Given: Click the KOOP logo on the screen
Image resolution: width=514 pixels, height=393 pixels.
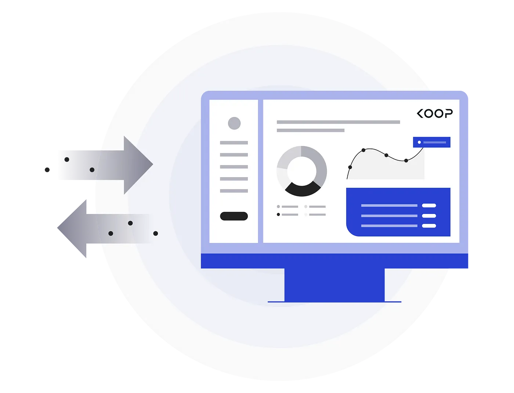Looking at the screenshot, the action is coord(435,114).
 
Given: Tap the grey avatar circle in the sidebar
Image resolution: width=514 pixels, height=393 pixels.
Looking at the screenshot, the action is coord(234,123).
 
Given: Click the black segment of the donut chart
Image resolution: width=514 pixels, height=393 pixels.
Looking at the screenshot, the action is coord(302,189).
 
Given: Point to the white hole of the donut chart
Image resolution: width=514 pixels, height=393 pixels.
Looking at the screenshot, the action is coord(301,171).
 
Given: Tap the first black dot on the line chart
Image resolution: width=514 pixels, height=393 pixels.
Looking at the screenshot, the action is coord(350,167).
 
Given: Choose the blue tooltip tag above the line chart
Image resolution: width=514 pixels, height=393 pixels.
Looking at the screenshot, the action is coord(431,142).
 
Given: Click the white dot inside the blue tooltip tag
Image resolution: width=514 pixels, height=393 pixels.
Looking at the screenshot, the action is coord(419,142).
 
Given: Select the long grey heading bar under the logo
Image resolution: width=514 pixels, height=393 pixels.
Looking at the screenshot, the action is coord(338,122).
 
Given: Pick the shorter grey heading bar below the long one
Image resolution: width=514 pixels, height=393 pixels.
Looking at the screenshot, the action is coord(311,130).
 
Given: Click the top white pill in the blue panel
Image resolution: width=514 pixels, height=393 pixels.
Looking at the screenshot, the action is coord(429,206).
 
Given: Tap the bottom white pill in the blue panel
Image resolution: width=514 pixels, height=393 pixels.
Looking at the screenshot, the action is coord(429,226).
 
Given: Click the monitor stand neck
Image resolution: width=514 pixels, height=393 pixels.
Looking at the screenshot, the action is coord(334,285).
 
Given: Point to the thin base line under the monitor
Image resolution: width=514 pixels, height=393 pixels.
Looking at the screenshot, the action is coord(334,302).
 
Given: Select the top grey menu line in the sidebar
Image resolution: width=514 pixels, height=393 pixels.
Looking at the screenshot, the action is coord(234,143).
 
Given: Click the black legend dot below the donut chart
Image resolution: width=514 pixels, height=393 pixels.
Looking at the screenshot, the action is coord(278,214).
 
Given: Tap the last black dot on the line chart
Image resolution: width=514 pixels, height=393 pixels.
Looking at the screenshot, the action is coord(406,161).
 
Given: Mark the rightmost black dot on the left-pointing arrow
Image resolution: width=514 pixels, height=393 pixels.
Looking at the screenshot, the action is coord(156,233).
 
